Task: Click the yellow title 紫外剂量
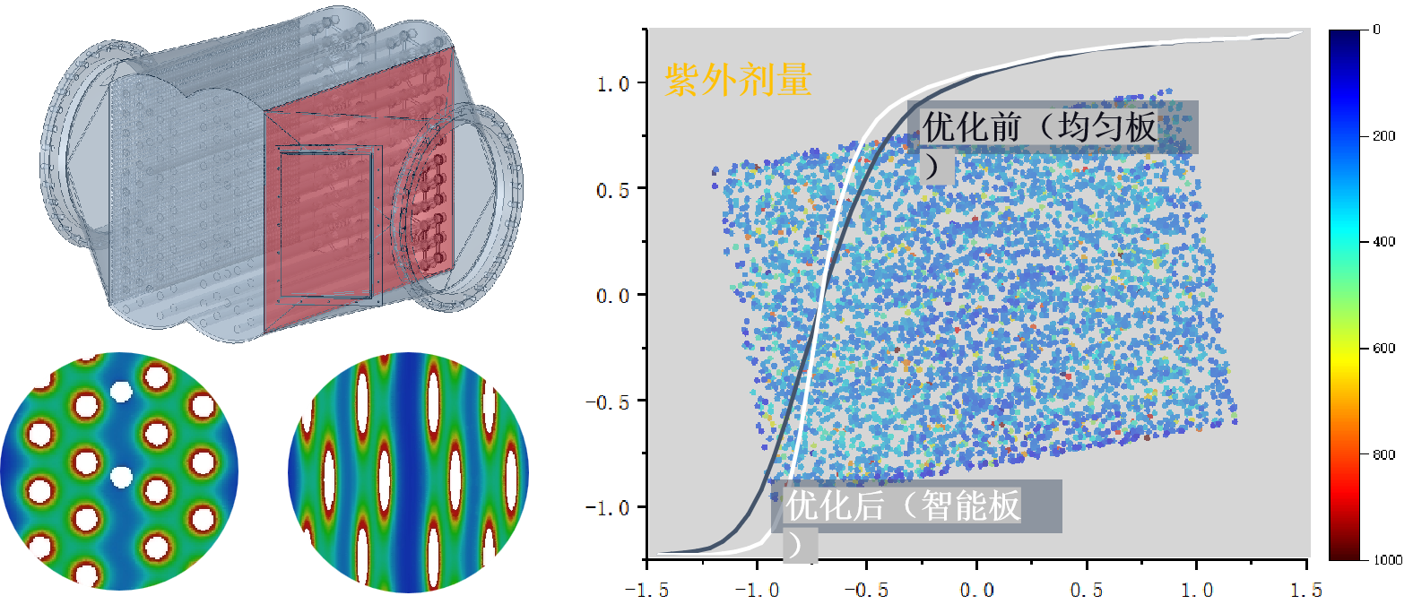738,80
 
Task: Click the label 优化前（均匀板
1040,127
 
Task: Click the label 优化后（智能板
903,505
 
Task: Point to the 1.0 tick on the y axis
613,83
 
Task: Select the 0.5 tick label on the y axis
613,190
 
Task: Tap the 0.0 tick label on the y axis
613,296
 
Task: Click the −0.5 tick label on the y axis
610,401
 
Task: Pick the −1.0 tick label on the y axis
610,507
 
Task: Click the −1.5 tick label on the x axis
646,590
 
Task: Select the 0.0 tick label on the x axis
976,590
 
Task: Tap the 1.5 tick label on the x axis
1305,590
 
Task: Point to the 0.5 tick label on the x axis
1087,590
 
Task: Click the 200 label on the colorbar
1384,136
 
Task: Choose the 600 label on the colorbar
1384,349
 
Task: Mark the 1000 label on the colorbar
1387,560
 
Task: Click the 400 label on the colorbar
1384,242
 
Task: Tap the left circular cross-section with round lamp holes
119,472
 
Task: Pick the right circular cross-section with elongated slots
408,472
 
